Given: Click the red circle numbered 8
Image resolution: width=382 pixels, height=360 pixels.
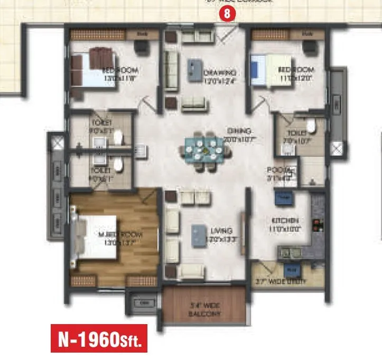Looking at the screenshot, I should [227, 15].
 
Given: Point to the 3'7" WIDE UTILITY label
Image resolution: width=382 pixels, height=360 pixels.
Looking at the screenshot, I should [280, 282].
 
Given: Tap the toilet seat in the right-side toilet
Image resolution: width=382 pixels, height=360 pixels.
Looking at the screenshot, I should [311, 127].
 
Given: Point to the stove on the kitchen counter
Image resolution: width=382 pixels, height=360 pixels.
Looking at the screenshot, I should [316, 226].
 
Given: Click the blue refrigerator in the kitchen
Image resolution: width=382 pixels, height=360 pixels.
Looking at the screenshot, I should [281, 198].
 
